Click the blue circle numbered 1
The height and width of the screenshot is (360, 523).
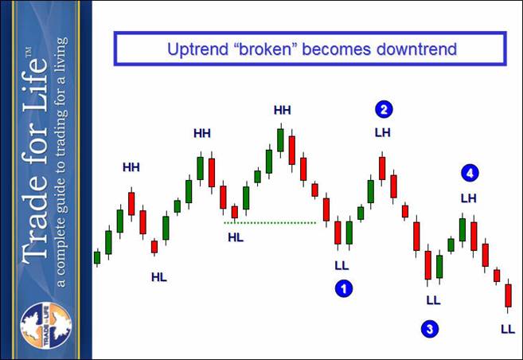click(x=344, y=288)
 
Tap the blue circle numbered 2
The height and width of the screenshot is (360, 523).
click(x=384, y=109)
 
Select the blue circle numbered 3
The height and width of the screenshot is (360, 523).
click(x=430, y=329)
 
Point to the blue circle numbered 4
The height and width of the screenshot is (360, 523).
click(x=470, y=173)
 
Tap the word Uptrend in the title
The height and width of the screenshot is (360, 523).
click(x=197, y=49)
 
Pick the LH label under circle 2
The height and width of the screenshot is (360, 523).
click(x=383, y=133)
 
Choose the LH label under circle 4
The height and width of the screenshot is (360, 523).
click(x=469, y=198)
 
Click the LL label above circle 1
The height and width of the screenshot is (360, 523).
click(x=342, y=265)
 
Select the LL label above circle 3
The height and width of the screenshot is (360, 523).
click(x=434, y=300)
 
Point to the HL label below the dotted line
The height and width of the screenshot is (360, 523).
click(x=236, y=237)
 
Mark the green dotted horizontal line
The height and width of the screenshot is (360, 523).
click(x=270, y=222)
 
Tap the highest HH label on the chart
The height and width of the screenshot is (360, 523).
click(x=282, y=110)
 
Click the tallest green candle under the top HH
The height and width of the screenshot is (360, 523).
click(x=280, y=140)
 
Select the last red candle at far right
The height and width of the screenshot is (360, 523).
click(x=508, y=295)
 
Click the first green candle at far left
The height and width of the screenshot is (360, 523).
click(x=97, y=257)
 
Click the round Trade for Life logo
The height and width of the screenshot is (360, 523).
click(x=46, y=326)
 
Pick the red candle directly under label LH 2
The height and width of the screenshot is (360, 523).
click(x=382, y=169)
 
